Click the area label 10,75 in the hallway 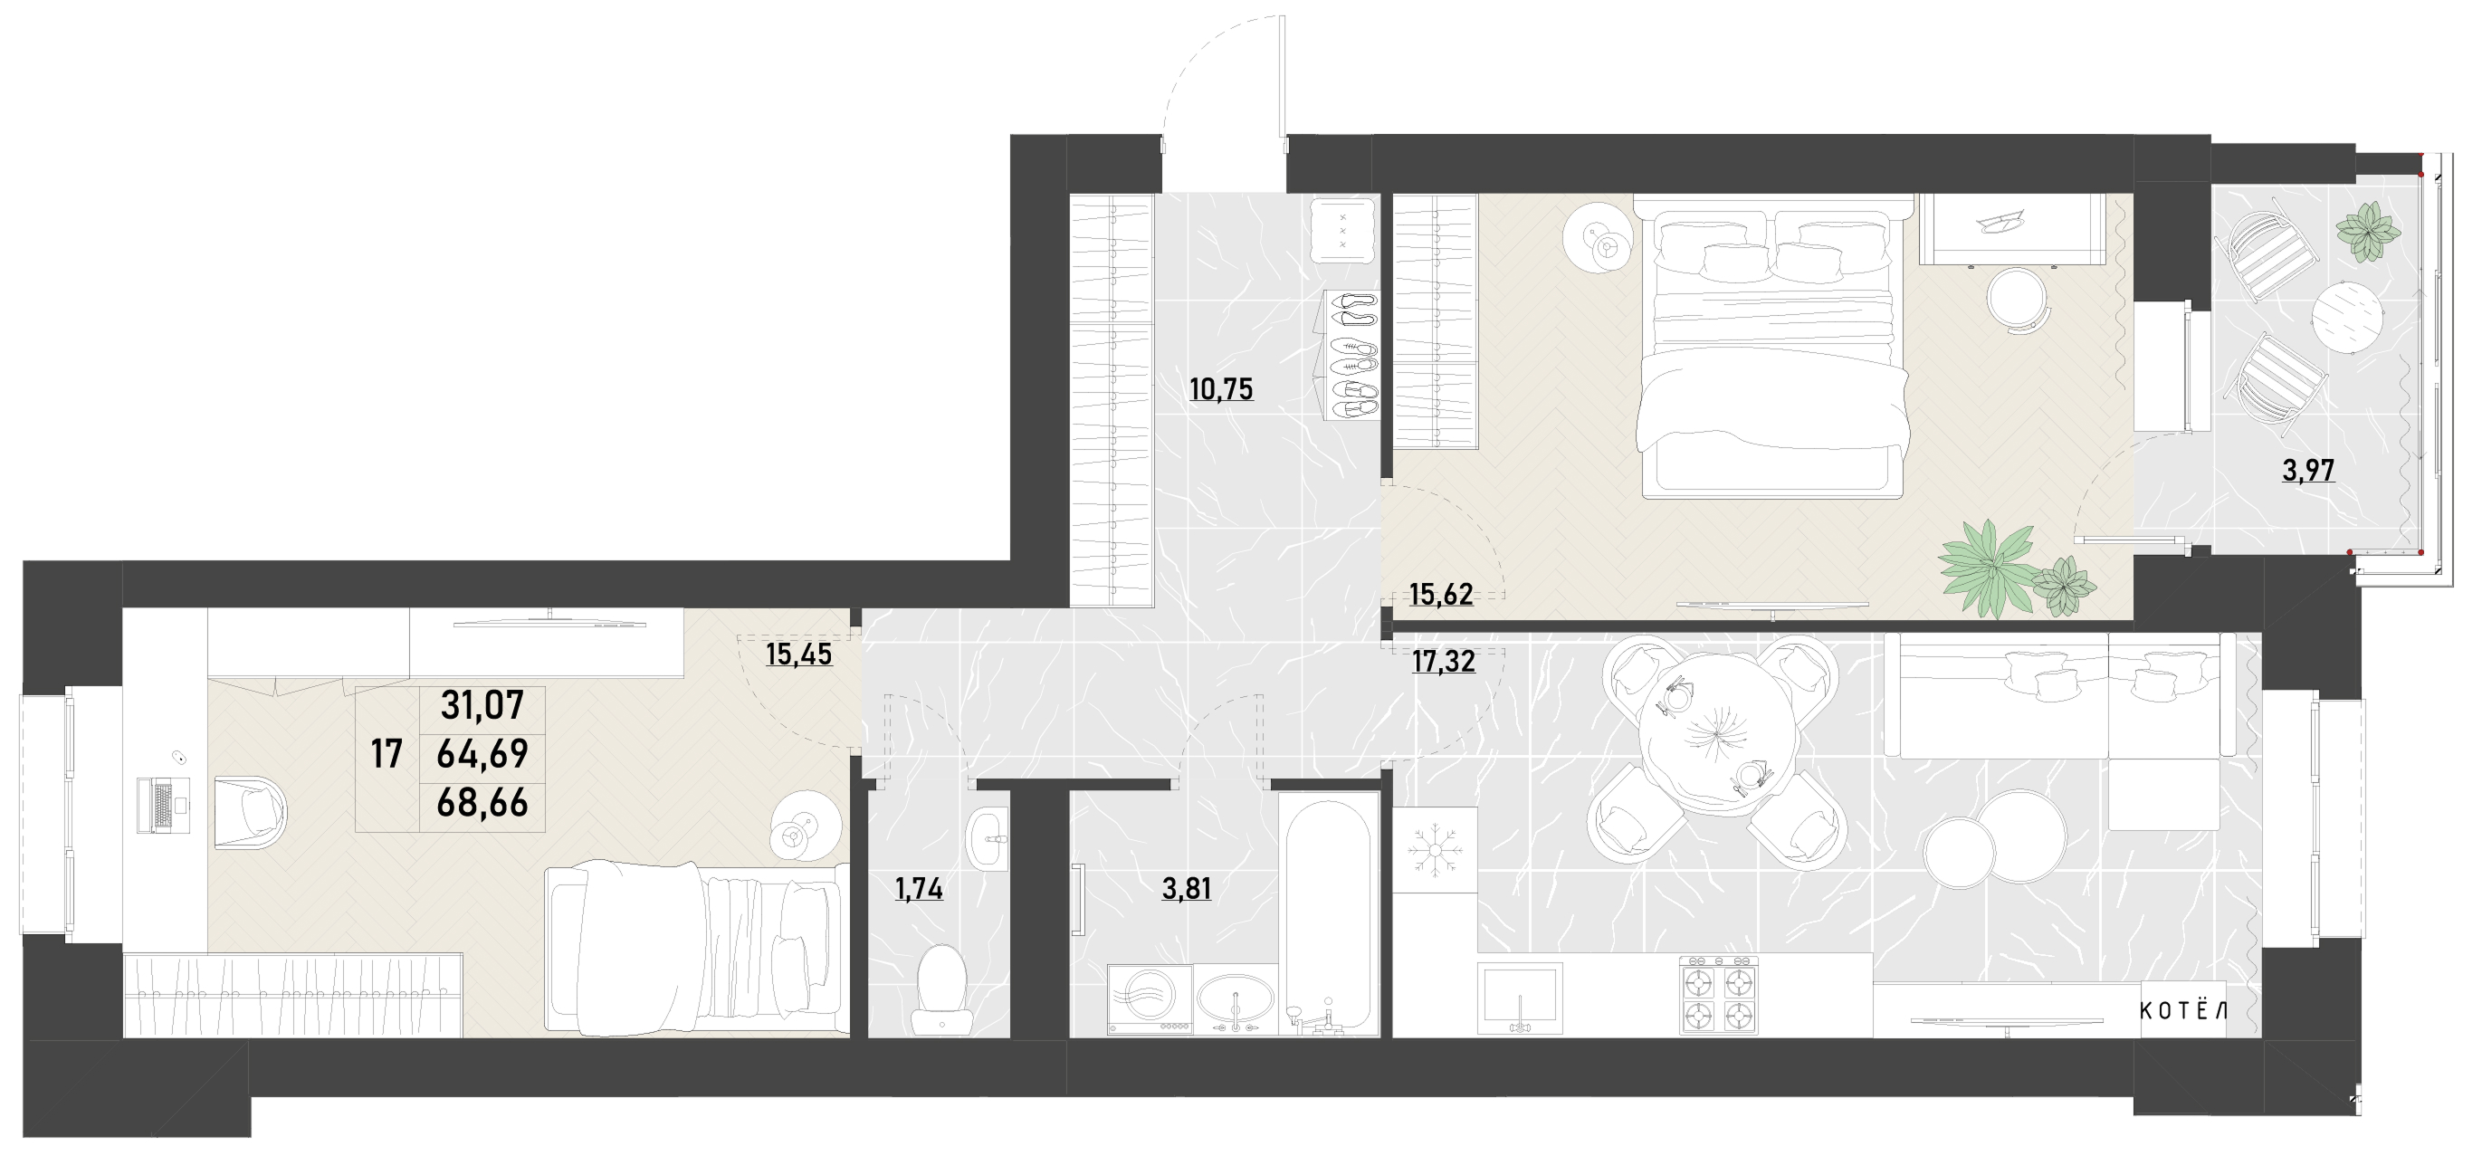pos(1222,389)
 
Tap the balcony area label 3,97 pos(2308,470)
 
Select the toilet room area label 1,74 pos(919,888)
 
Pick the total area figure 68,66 pos(482,802)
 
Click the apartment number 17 pos(387,754)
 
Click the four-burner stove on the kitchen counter pos(1719,995)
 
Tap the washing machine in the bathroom pos(1150,1000)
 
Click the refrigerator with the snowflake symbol pos(1435,850)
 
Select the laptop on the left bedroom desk pos(165,806)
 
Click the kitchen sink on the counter pos(1520,998)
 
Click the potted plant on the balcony pos(2366,231)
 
